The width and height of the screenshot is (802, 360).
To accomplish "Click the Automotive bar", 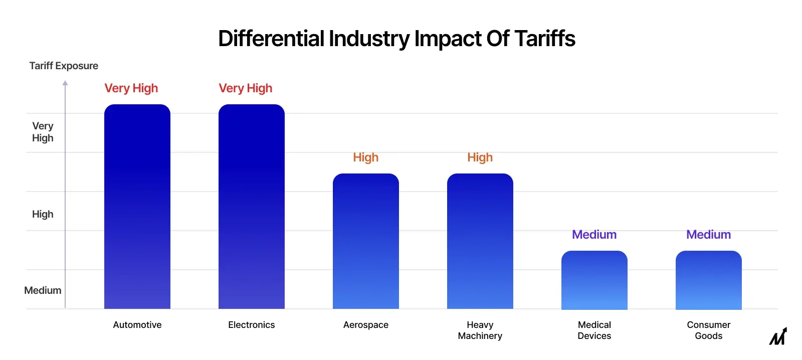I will point(137,207).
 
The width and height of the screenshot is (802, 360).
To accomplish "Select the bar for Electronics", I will point(251,207).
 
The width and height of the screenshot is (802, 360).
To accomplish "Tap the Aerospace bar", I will point(365,241).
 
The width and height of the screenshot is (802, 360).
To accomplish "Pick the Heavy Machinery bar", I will point(480,241).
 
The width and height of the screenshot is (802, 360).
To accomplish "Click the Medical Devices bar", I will point(594,280).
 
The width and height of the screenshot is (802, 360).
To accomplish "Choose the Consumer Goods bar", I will point(708,280).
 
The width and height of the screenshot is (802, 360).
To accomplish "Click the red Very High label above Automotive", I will point(131,88).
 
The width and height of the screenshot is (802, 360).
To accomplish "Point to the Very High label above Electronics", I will point(245,88).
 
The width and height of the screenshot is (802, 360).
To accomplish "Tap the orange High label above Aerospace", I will point(365,157).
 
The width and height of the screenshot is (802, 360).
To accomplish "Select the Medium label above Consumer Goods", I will point(708,235).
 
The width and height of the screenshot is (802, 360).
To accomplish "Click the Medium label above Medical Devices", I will point(594,235).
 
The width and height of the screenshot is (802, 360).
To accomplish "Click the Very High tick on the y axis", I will point(43,132).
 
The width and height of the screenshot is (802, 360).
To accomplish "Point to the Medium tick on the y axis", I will point(43,290).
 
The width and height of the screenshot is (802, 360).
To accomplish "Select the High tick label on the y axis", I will point(43,214).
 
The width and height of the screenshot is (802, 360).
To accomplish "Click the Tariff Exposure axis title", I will point(64,66).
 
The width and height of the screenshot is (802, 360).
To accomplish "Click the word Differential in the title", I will point(271,39).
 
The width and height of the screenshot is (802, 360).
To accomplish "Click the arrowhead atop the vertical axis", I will point(65,83).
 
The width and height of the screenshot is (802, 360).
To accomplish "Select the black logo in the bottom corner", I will point(778,336).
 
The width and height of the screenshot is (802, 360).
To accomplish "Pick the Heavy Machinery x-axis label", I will point(480,330).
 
